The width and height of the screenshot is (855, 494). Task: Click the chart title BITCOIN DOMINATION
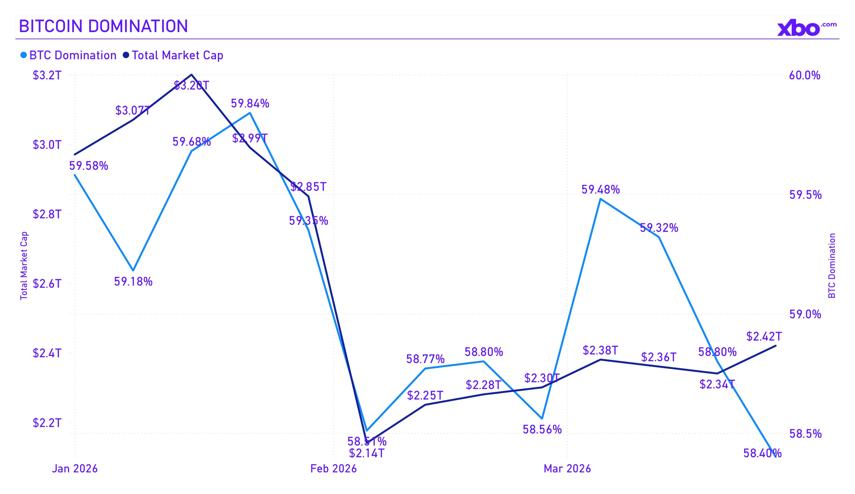click(104, 26)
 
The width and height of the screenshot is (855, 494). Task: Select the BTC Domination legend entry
click(69, 55)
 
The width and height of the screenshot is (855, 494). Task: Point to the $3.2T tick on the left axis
click(47, 75)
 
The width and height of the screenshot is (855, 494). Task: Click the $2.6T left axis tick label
click(47, 284)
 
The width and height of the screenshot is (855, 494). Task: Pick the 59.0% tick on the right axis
click(805, 314)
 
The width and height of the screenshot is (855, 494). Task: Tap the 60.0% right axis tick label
click(804, 75)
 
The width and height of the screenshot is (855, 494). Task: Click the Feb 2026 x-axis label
click(333, 469)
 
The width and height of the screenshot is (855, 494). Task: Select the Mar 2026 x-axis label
click(567, 469)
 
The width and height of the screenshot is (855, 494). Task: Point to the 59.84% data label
click(250, 103)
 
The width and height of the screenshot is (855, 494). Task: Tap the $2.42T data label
click(764, 336)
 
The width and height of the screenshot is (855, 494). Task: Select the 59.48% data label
click(600, 190)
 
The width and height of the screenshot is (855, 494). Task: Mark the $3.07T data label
click(133, 111)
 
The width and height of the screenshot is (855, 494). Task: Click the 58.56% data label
click(542, 429)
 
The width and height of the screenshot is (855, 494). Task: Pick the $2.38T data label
click(600, 350)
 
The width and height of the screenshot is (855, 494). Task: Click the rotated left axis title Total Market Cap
click(23, 266)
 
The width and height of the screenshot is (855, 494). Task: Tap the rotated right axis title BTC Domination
click(832, 266)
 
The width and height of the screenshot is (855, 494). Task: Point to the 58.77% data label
click(425, 359)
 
